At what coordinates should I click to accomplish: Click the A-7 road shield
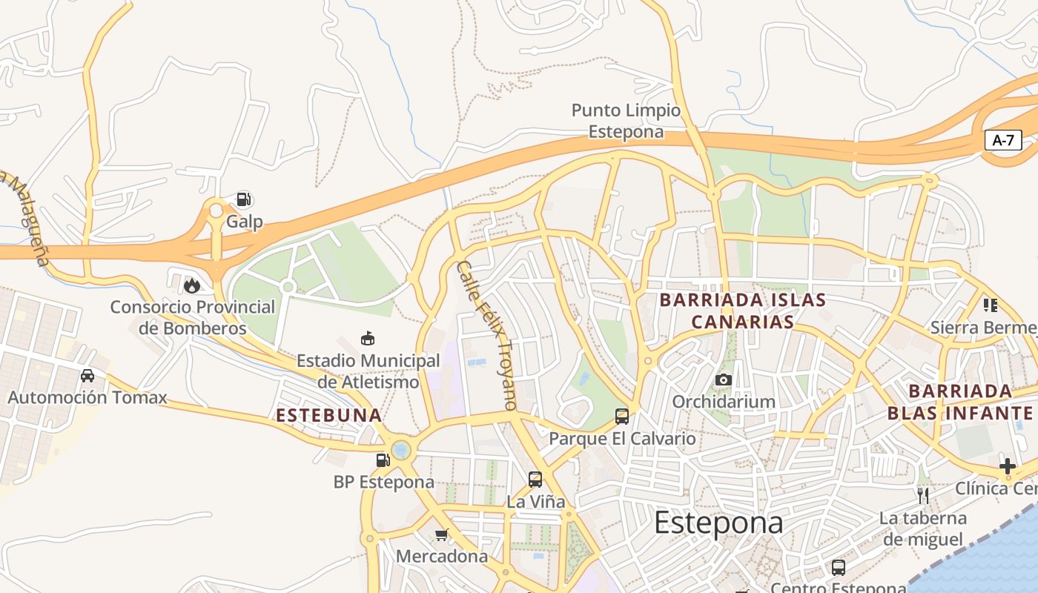click(1003, 140)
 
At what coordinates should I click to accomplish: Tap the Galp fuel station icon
click(243, 199)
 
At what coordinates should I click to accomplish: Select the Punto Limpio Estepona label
click(626, 121)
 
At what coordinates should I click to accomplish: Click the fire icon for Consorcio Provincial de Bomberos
click(192, 285)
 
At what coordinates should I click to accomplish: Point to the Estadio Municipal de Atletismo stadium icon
click(367, 339)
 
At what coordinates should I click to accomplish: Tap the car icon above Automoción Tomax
click(87, 375)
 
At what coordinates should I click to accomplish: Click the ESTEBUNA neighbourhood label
click(329, 415)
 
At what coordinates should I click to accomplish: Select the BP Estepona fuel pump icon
click(383, 460)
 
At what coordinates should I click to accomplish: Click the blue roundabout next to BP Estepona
click(401, 450)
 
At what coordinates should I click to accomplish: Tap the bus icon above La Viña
click(535, 480)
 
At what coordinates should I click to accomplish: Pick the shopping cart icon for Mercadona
click(442, 534)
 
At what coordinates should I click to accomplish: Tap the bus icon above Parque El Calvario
click(622, 417)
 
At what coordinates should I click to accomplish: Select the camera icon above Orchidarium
click(724, 380)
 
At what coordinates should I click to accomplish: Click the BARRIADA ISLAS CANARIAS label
click(742, 311)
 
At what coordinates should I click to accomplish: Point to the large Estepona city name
click(718, 523)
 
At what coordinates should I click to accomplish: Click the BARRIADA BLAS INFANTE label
click(960, 402)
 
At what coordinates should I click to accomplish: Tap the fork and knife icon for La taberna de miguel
click(923, 495)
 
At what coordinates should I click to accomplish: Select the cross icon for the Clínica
click(1007, 466)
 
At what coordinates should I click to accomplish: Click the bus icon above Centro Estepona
click(838, 568)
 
